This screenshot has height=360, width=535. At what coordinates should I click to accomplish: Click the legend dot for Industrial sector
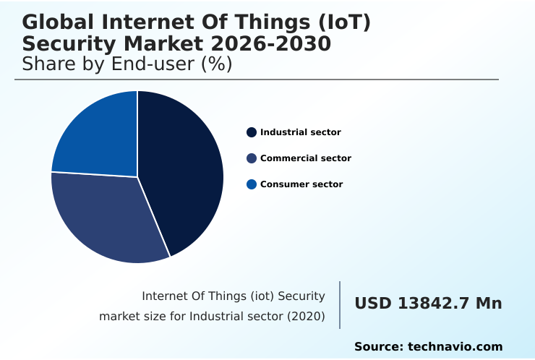tap(252, 132)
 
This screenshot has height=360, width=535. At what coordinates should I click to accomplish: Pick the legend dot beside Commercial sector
tap(252, 158)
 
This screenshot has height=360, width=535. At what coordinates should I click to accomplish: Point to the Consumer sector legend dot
tap(252, 184)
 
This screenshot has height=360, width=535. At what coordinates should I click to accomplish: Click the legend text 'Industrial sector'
tap(301, 132)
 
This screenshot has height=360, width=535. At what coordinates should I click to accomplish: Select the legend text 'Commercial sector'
tap(306, 158)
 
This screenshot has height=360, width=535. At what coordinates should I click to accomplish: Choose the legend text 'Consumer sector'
tap(301, 184)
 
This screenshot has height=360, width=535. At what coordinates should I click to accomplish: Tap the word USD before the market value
tap(372, 304)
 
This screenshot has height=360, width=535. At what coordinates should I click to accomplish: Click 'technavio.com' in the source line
tap(455, 347)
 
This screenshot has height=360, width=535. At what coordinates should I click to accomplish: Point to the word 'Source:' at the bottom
tap(379, 347)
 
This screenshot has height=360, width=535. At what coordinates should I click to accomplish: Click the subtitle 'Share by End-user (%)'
tap(127, 64)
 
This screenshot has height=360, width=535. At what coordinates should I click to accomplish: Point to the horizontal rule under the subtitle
tap(257, 80)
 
